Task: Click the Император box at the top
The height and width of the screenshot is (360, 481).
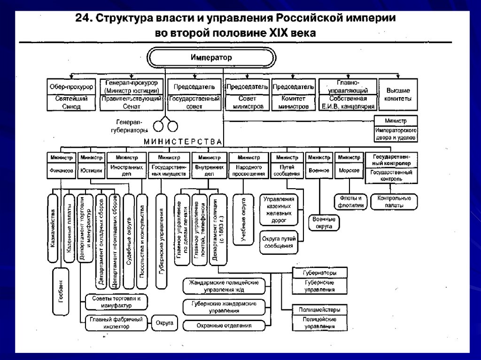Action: [x=211, y=57]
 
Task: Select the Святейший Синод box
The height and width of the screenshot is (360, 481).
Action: [x=71, y=103]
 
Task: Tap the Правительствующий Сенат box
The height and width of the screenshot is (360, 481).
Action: [x=131, y=103]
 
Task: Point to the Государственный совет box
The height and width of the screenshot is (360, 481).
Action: [x=194, y=103]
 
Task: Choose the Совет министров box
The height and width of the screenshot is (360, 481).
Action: [x=248, y=103]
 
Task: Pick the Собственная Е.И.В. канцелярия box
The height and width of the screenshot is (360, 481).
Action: [x=348, y=103]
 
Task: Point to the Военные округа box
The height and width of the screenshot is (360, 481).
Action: [x=324, y=222]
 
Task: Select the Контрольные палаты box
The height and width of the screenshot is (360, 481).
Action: [x=394, y=201]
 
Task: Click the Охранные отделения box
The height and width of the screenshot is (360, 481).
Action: [x=224, y=325]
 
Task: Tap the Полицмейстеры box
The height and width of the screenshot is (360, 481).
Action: [x=319, y=310]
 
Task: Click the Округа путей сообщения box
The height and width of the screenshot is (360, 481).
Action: [x=279, y=242]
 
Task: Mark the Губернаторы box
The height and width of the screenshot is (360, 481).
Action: [x=320, y=273]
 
